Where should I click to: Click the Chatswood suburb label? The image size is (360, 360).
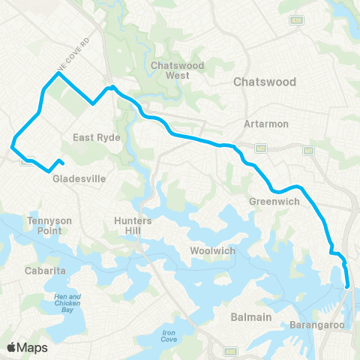(x=265, y=81)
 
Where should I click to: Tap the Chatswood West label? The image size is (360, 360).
(x=176, y=70)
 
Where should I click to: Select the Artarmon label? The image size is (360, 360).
(x=261, y=123)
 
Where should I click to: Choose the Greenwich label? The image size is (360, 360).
(x=274, y=201)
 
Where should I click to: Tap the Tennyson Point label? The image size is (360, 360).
(x=47, y=225)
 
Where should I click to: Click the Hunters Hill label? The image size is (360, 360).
(x=133, y=225)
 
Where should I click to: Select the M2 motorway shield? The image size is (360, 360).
(x=27, y=159)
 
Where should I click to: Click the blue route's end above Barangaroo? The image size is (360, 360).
(x=347, y=286)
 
